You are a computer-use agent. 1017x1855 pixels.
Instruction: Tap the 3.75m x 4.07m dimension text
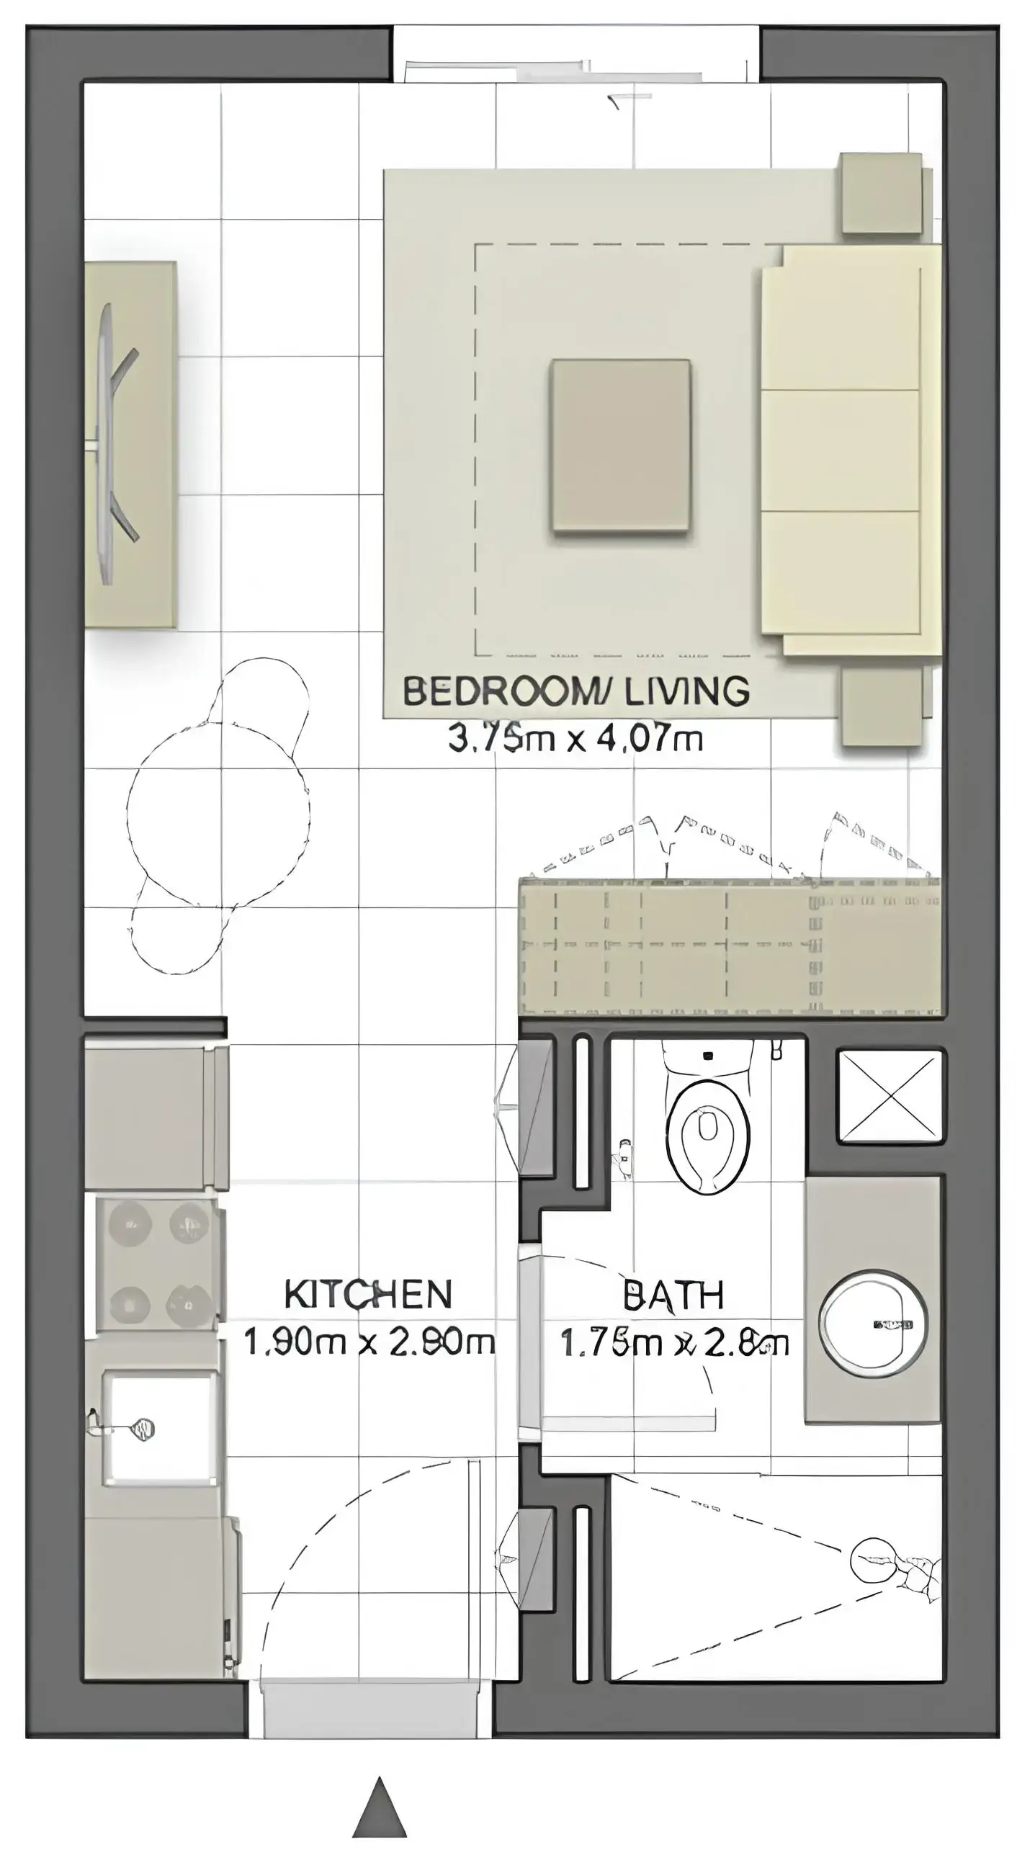tap(575, 739)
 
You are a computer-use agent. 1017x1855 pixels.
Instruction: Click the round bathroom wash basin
tap(873, 1323)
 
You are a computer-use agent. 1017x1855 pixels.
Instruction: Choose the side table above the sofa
tap(882, 192)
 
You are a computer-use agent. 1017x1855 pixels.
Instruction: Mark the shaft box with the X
tap(890, 1095)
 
